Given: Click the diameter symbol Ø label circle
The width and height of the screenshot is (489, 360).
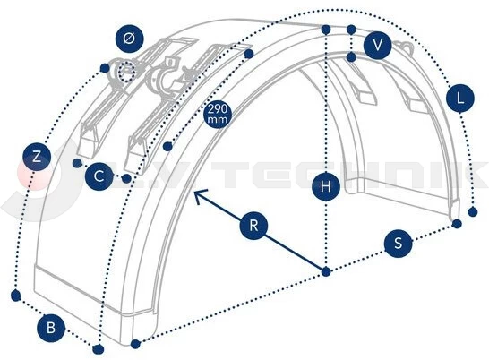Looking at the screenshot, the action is click(x=129, y=39).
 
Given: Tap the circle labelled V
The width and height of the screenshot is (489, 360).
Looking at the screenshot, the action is click(x=377, y=45).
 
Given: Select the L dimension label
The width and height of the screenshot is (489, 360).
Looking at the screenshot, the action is click(x=460, y=99).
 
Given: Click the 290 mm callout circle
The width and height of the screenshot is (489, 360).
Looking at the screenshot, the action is click(x=218, y=114).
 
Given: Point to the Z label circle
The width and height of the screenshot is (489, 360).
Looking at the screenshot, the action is click(x=37, y=157).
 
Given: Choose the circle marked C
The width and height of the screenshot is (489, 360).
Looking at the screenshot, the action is click(x=99, y=176).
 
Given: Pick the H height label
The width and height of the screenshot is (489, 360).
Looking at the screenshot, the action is click(x=326, y=186).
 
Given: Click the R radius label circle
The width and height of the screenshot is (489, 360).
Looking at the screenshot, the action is click(x=253, y=226).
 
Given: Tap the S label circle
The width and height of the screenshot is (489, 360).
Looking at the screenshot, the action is click(x=398, y=243).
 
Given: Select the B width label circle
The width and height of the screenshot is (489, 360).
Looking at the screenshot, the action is click(x=51, y=329).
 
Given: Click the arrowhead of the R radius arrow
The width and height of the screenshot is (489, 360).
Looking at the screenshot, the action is click(x=195, y=192).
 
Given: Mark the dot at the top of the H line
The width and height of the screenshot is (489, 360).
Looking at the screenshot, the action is click(x=326, y=30).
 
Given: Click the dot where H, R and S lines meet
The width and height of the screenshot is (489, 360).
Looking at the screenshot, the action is click(x=326, y=271).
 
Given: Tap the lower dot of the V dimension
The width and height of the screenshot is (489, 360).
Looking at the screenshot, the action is click(x=351, y=57).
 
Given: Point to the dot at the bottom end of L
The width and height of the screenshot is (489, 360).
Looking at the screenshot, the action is click(x=473, y=212).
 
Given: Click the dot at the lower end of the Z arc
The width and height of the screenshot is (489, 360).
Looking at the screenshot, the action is click(x=15, y=296).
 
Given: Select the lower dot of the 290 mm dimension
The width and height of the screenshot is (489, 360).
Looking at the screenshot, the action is click(x=167, y=146).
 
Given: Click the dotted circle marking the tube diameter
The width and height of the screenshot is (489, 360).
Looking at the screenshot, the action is click(x=126, y=72).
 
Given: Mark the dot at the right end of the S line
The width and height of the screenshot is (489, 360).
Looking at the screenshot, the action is click(x=457, y=224).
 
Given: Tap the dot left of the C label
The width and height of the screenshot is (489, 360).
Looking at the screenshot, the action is click(x=76, y=163).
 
